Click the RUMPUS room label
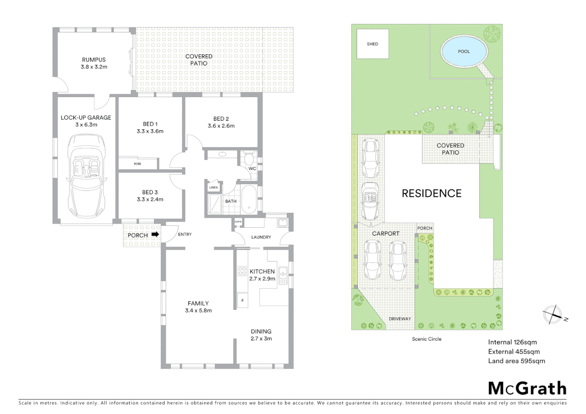coord(94,60)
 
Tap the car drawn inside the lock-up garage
coord(86,175)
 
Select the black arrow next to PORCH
coord(155,234)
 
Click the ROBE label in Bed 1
coord(137,164)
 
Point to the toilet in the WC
coord(249,158)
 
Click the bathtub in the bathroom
coord(249,199)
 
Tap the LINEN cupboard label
coord(213,187)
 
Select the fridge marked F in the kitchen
coord(242,301)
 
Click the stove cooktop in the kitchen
coord(242,271)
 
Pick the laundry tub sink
coord(282,222)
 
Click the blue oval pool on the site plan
coord(464,51)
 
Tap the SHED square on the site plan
coord(372,44)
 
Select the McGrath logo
coord(527,388)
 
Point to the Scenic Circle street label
coord(426,339)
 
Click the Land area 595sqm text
coord(516,361)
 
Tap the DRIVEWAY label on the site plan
coord(400,319)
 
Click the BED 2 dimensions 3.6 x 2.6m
coord(221,126)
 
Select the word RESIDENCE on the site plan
coord(431,193)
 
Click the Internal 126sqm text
coord(512,342)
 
